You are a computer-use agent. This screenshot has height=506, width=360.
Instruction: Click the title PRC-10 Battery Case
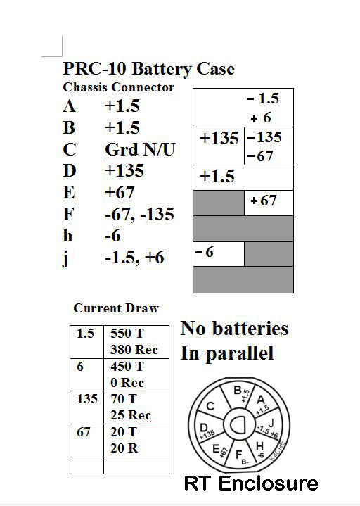[148, 69]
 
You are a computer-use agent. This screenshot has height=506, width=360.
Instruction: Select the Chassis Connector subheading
[118, 88]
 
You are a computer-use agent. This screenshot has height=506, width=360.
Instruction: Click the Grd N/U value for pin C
[139, 149]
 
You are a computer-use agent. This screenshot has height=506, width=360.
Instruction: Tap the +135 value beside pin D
[124, 171]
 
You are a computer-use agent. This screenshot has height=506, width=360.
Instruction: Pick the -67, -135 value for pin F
[139, 214]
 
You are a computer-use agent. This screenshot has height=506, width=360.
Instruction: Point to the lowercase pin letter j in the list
[66, 258]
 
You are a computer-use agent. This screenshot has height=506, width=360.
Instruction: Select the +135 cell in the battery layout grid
[219, 139]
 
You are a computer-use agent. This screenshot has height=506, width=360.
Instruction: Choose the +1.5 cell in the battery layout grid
[217, 176]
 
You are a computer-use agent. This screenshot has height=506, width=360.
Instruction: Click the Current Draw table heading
[116, 308]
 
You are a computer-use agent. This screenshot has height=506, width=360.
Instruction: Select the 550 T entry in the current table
[127, 334]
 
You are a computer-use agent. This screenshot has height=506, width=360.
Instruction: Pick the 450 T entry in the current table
[127, 367]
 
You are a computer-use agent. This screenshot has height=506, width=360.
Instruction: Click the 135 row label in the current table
[87, 399]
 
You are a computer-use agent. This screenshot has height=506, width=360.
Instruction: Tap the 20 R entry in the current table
[124, 448]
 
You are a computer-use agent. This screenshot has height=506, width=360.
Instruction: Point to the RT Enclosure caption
[250, 483]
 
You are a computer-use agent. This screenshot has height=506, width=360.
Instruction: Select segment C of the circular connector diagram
[210, 405]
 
